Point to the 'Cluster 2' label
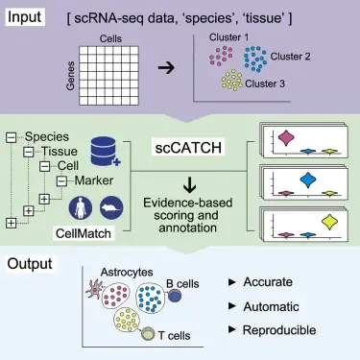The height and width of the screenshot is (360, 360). (x=296, y=58)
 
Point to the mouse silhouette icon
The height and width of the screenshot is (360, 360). (x=113, y=205)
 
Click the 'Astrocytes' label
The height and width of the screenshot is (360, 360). (x=122, y=275)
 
